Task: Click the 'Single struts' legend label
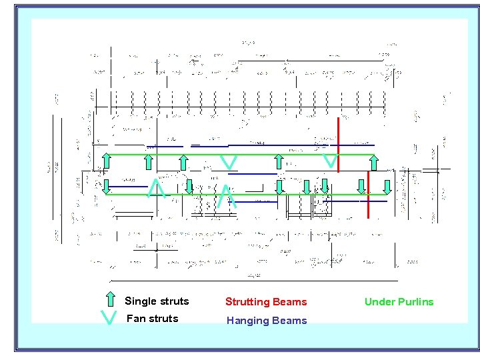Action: (x=157, y=301)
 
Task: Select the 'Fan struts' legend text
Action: (x=152, y=319)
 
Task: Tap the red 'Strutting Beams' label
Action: (x=266, y=302)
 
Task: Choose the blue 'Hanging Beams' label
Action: (x=267, y=321)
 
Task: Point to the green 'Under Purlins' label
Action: (x=399, y=302)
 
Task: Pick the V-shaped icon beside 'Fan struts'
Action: (x=109, y=319)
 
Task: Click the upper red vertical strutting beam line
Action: (x=339, y=143)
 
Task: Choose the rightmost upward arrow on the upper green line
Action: (x=375, y=162)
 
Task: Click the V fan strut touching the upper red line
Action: (x=329, y=161)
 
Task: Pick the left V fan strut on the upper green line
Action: (x=229, y=162)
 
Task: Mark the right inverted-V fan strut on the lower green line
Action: (x=227, y=196)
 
